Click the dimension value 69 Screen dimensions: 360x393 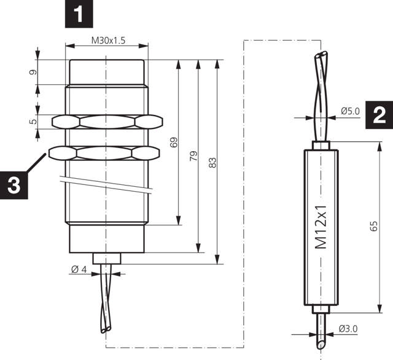(x=174, y=143)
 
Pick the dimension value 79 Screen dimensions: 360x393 (x=193, y=156)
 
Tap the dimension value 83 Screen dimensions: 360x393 (x=213, y=163)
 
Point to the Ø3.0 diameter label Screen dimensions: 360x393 (x=347, y=330)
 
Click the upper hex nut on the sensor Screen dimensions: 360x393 (x=107, y=121)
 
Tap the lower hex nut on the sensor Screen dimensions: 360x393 (x=107, y=151)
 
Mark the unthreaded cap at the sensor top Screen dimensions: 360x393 (x=107, y=72)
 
